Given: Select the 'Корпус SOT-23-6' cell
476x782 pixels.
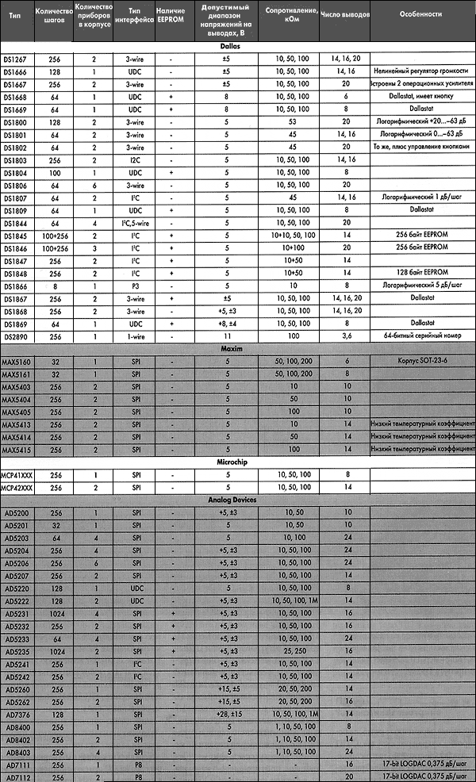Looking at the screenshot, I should point(422,360).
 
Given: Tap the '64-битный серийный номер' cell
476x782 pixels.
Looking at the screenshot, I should point(422,336).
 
